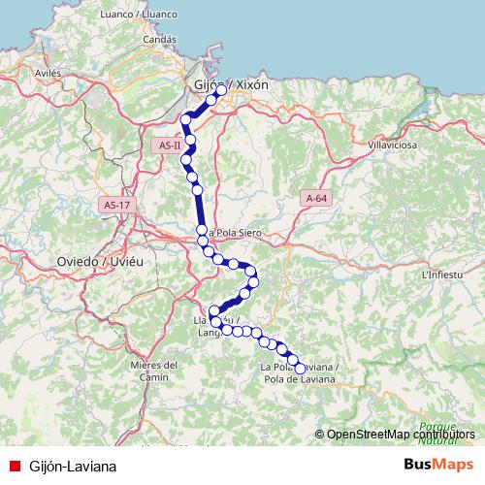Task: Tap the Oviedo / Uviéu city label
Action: click(x=100, y=262)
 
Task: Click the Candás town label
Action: click(x=158, y=40)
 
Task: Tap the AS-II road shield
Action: click(x=167, y=145)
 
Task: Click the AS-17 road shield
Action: click(x=115, y=205)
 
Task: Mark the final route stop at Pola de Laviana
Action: click(x=300, y=369)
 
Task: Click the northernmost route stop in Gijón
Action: click(x=221, y=90)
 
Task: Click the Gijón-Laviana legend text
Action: click(x=73, y=466)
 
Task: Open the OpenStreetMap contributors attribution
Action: click(x=402, y=435)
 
